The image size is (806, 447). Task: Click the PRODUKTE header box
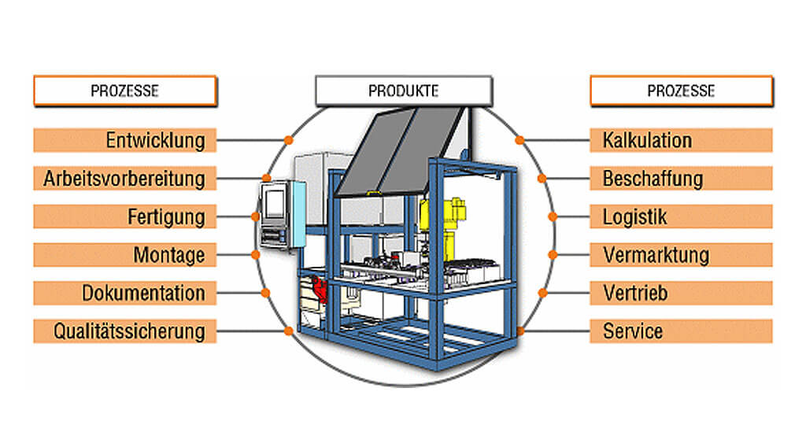403,91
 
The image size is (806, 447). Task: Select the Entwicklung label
155,141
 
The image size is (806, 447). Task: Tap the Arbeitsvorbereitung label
124,179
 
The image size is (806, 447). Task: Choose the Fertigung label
166,216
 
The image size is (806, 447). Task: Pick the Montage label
168,255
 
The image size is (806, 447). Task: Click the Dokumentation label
143,293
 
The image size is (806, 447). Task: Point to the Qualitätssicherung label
129,331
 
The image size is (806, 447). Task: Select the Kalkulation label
647,141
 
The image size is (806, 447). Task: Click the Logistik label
634,216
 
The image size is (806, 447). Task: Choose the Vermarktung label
656,255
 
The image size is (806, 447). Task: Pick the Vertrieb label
635,293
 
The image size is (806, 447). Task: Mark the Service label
633,331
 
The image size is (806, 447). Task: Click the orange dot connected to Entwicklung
289,141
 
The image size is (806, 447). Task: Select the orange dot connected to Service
520,331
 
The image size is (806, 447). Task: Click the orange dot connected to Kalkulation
519,141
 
